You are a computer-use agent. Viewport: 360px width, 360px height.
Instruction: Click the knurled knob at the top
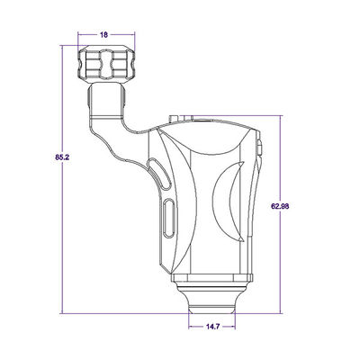click(x=104, y=65)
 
